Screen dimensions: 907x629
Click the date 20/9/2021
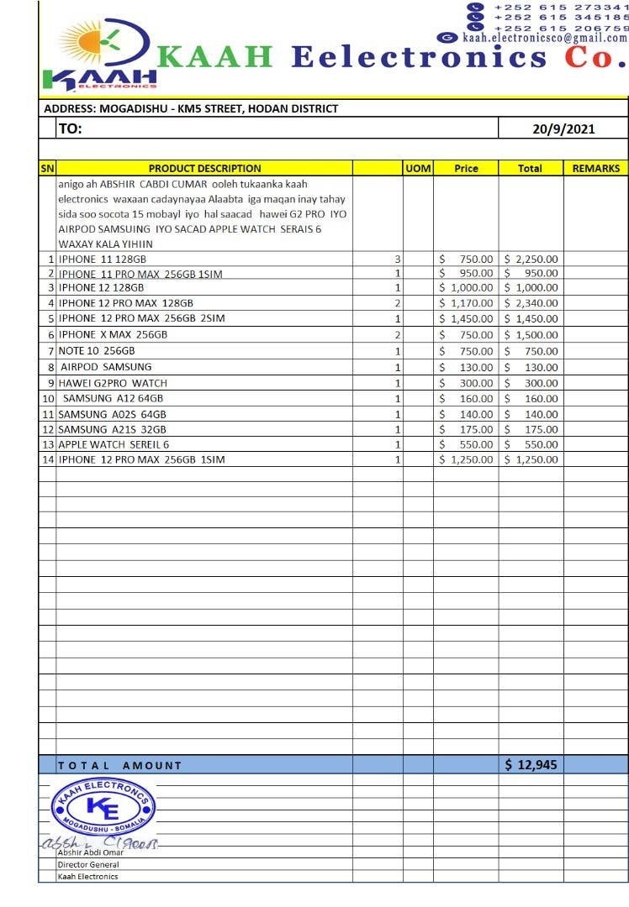tap(563, 128)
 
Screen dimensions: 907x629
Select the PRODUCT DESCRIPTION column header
tap(204, 168)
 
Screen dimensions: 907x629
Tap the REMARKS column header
tap(595, 168)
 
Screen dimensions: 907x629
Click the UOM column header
tap(418, 168)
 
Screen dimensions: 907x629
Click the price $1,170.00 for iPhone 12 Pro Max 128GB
tap(467, 302)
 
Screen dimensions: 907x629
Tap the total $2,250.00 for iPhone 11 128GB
tap(531, 260)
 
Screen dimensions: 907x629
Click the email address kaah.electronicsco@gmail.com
tap(544, 38)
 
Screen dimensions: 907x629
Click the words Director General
tap(88, 864)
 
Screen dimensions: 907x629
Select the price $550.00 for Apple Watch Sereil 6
tap(467, 444)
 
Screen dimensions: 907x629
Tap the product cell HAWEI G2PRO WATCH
tap(113, 383)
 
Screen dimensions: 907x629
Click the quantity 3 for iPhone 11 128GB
tap(398, 260)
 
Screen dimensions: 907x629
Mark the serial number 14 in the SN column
tap(48, 460)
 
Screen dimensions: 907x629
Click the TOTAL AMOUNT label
tap(119, 765)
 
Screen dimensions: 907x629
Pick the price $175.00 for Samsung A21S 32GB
tap(467, 429)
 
